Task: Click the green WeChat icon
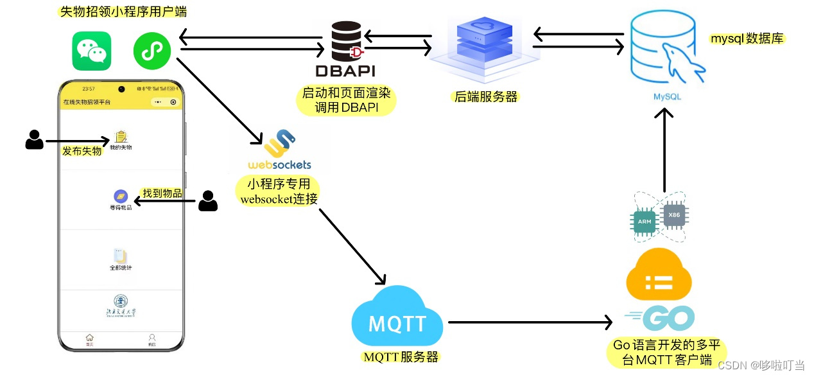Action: click(x=91, y=51)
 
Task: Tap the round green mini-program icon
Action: click(x=152, y=50)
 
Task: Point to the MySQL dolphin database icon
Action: click(x=666, y=50)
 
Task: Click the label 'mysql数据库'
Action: click(x=747, y=39)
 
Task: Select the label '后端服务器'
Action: click(x=486, y=97)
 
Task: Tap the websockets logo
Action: click(x=279, y=151)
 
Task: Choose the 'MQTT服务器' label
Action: click(x=401, y=357)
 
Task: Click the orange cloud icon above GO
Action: click(x=659, y=277)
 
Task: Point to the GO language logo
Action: click(x=661, y=318)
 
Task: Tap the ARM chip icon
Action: click(x=645, y=221)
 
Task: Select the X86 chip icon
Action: click(x=673, y=215)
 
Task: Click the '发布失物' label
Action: click(x=82, y=151)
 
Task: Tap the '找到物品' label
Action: click(x=162, y=193)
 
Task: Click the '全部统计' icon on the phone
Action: click(x=121, y=259)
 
